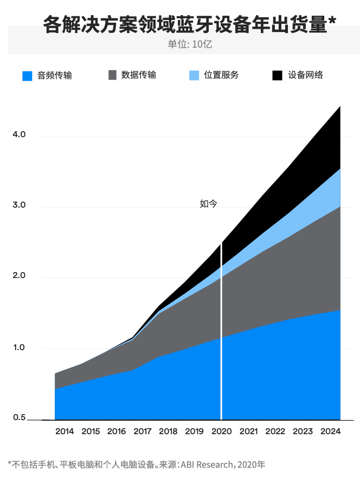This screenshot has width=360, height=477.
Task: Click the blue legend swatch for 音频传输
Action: [27, 75]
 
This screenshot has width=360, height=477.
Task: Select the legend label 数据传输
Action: [139, 75]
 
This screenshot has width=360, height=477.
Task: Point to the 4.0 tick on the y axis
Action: [20, 134]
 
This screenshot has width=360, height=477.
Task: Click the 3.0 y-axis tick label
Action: [20, 206]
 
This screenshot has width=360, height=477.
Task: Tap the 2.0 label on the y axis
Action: [20, 276]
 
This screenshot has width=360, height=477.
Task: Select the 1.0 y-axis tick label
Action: [20, 347]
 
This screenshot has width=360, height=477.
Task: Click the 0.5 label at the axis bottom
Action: [20, 418]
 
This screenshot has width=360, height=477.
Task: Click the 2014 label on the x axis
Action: [65, 431]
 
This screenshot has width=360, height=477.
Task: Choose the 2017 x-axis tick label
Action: [142, 431]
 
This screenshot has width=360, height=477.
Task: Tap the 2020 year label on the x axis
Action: [221, 431]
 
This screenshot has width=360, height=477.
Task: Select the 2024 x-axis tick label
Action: [330, 431]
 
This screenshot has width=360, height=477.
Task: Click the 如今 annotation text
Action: [208, 204]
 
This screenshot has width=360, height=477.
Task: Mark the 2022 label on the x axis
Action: [275, 431]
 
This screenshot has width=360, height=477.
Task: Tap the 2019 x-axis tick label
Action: [194, 431]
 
